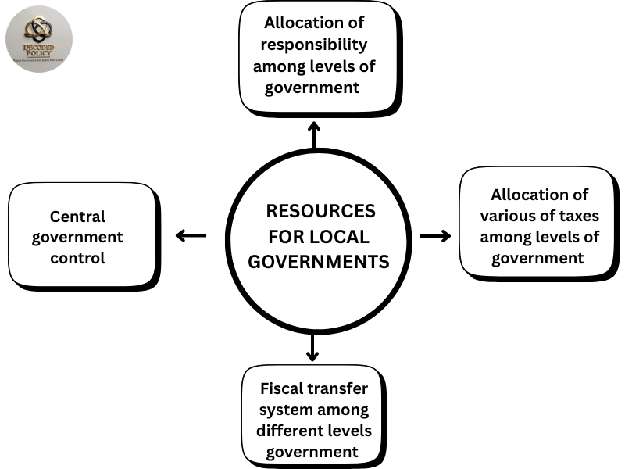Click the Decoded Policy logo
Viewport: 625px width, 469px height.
coord(39,38)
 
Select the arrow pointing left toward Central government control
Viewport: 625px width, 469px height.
coord(191,235)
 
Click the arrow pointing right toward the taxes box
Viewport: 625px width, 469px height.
coord(436,235)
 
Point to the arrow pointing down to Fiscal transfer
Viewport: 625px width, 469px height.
coord(312,346)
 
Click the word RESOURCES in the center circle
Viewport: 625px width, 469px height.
coord(320,212)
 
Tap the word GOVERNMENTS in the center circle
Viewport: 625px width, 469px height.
coord(318,262)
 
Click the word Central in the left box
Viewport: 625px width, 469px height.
coord(77,217)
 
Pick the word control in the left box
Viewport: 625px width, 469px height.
coord(77,257)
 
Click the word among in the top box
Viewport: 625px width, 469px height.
coord(280,66)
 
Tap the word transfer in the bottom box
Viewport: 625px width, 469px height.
coord(341,388)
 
